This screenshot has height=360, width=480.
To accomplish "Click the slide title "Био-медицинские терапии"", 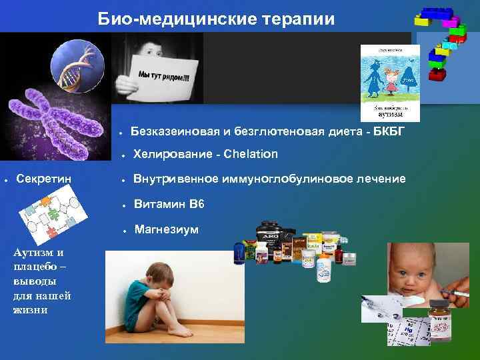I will (x=217, y=18).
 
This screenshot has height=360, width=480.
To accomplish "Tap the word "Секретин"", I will (x=45, y=179).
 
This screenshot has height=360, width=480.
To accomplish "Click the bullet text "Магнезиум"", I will (x=166, y=229).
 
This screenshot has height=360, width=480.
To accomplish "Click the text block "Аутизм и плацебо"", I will (x=41, y=281).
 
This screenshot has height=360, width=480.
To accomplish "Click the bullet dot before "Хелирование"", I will (x=123, y=155).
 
